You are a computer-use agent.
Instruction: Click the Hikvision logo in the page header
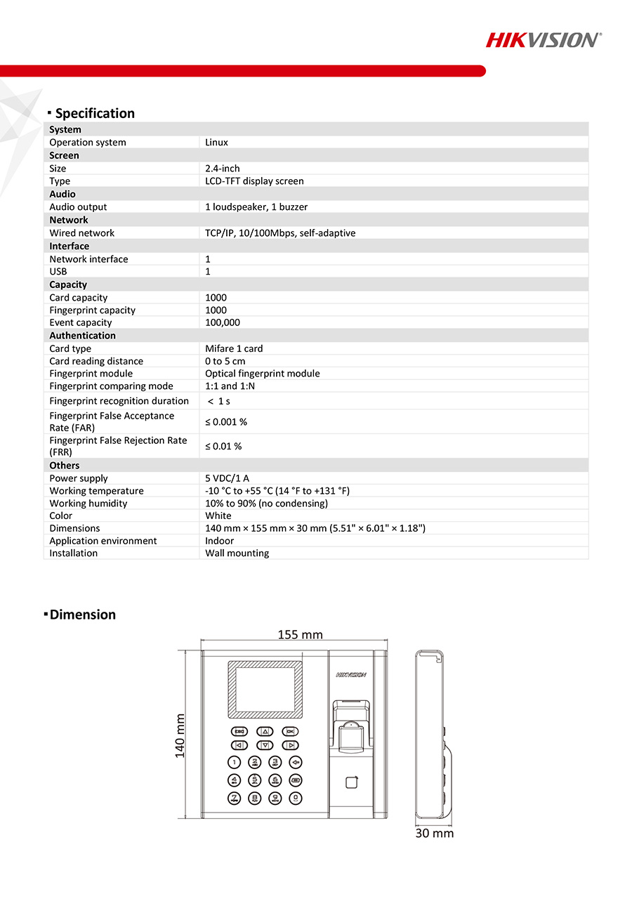pos(543,40)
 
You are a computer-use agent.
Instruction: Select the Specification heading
pos(95,114)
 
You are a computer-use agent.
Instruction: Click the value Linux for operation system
pos(216,143)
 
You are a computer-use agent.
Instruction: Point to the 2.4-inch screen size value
pos(223,169)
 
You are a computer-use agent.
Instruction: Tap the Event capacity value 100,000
pos(223,323)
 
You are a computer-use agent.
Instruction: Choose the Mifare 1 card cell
pos(234,349)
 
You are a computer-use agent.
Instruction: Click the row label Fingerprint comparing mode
pos(111,386)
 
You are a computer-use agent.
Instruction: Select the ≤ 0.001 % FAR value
pos(226,422)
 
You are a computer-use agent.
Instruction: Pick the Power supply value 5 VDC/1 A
pos(227,479)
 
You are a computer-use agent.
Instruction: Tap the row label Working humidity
pos(88,504)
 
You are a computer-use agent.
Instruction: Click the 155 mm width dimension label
pos(300,635)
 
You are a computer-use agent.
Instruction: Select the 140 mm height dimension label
pos(180,735)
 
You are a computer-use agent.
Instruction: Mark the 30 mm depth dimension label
pos(434,834)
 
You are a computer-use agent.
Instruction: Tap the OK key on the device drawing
pos(290,731)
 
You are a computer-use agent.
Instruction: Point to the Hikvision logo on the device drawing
pos(351,675)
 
